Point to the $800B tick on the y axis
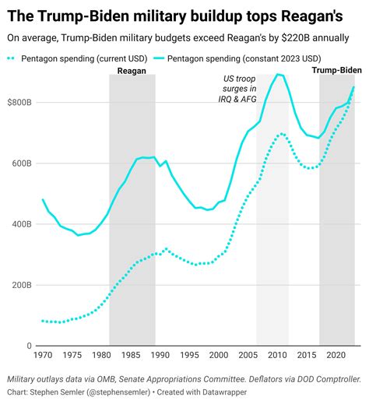20,102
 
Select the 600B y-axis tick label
23,163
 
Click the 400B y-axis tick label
23,224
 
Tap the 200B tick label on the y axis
23,285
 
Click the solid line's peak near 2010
279,75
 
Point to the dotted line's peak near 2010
281,133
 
